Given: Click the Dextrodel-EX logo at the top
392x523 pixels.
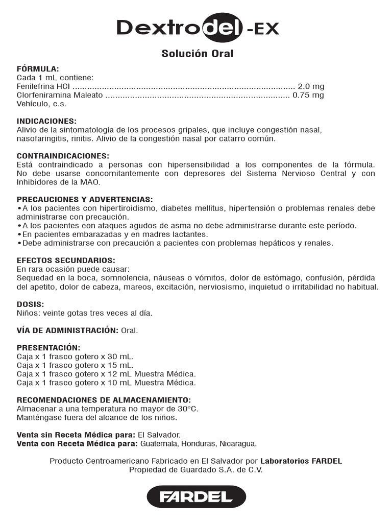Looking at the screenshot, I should pyautogui.click(x=198, y=28).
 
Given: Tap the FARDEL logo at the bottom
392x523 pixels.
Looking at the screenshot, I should pyautogui.click(x=196, y=496).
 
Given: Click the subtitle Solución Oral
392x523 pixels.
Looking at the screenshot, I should pyautogui.click(x=197, y=54).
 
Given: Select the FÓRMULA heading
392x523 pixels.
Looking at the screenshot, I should pyautogui.click(x=38, y=68).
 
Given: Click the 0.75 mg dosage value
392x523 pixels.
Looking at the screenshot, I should pyautogui.click(x=308, y=95).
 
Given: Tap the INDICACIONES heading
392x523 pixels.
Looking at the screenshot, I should pyautogui.click(x=46, y=121).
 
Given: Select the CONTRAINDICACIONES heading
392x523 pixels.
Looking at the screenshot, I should pyautogui.click(x=63, y=156).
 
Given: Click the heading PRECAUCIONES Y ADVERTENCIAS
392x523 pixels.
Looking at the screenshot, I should pyautogui.click(x=85, y=199).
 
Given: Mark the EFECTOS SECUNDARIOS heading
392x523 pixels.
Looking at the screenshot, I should pyautogui.click(x=66, y=260).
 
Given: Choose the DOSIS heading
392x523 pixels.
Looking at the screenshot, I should pyautogui.click(x=30, y=304).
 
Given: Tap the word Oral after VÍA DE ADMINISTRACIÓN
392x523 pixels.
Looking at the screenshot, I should pyautogui.click(x=130, y=330).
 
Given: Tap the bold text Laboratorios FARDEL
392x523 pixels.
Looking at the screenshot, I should pyautogui.click(x=301, y=461).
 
